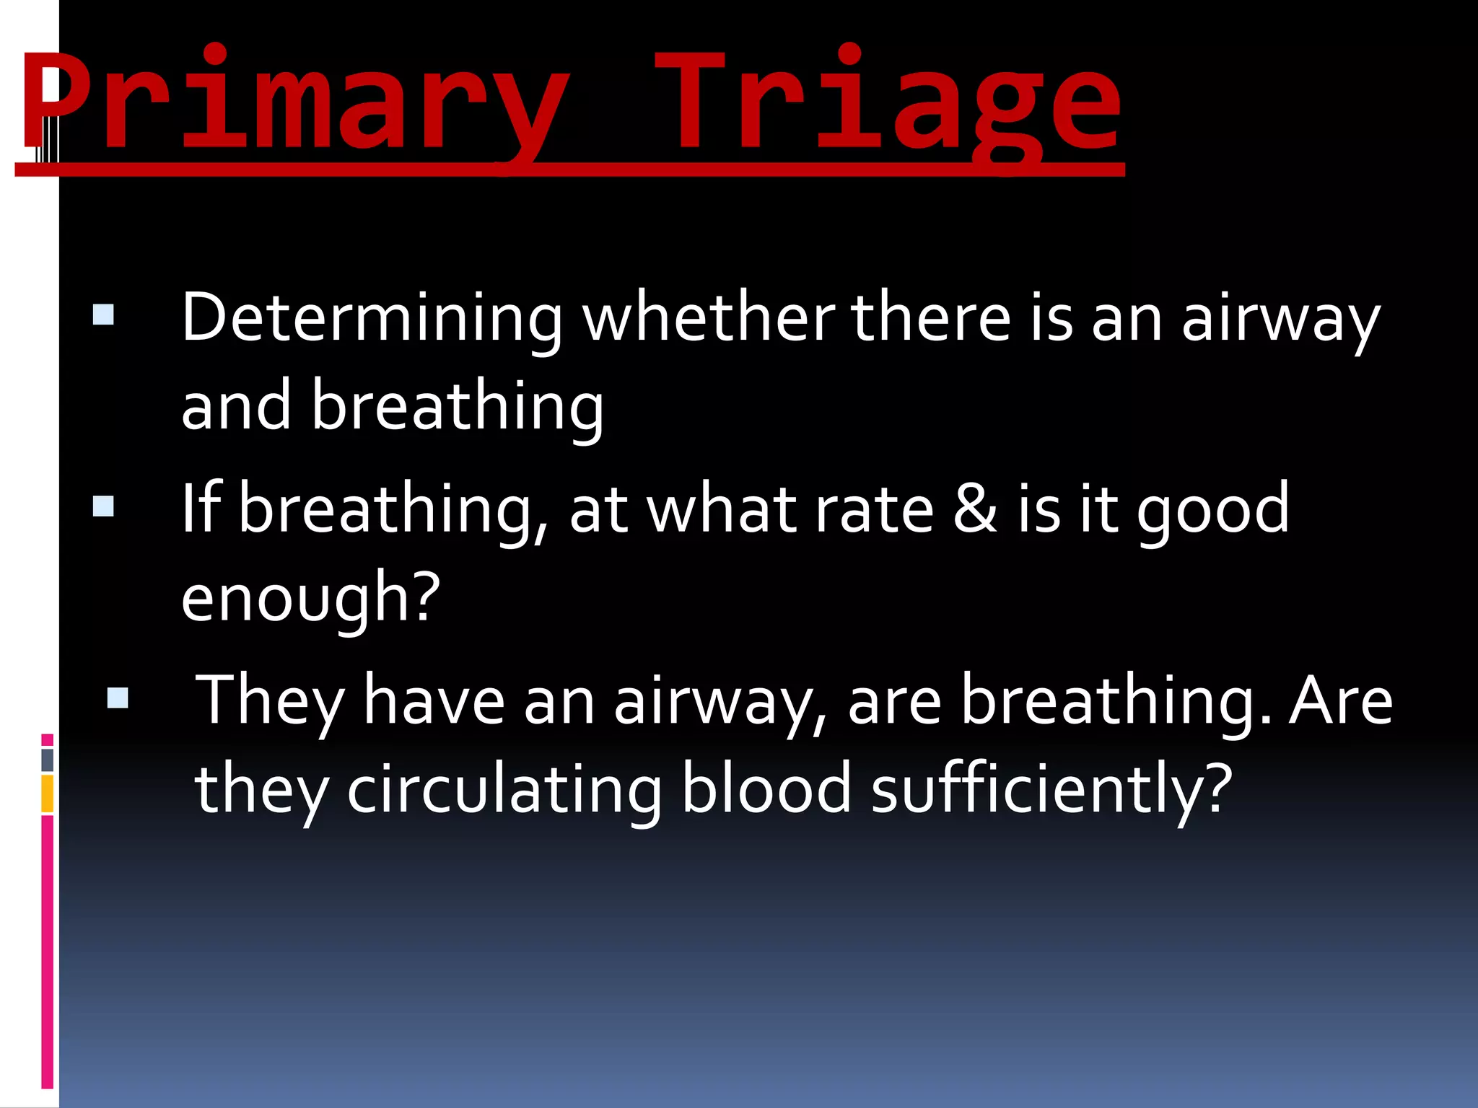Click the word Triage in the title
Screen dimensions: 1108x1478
888,101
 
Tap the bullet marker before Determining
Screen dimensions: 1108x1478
104,315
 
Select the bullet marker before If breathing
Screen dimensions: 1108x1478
104,506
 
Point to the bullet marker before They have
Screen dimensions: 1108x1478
118,698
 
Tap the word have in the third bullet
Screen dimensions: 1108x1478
434,700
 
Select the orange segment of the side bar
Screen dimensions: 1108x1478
48,793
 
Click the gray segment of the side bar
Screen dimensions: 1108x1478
48,760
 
